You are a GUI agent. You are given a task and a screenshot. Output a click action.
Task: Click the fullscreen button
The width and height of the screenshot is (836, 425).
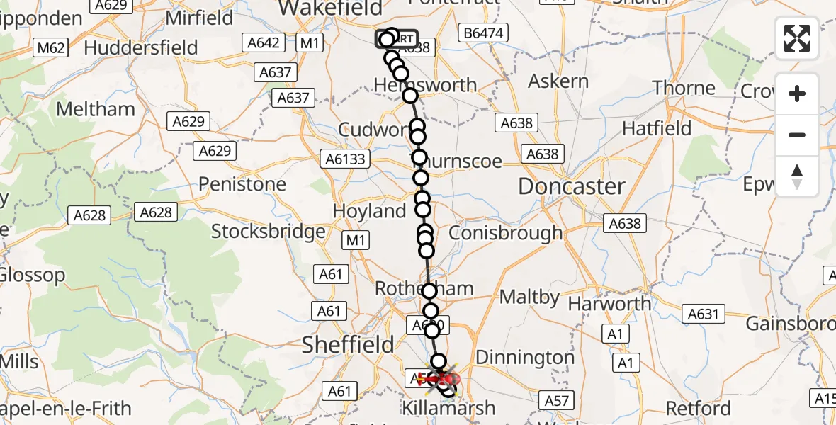coord(797,38)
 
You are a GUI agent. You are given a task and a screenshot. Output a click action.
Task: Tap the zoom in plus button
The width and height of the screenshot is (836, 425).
coord(797,93)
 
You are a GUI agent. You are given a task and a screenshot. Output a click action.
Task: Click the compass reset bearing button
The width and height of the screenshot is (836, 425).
coord(797,176)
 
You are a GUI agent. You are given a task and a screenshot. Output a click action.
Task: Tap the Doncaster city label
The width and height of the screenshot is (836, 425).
coord(572,186)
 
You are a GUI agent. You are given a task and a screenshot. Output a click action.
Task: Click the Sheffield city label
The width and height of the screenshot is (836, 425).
coord(348,345)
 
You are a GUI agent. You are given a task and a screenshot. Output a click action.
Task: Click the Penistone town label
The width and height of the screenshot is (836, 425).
coord(242,184)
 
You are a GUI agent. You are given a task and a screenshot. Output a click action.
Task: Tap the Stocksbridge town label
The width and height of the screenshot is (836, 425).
coord(269,231)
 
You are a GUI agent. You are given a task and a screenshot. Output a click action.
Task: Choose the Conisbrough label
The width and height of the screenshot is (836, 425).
coord(505,232)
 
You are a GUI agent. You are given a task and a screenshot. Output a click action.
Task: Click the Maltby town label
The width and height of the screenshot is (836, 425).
coord(529,297)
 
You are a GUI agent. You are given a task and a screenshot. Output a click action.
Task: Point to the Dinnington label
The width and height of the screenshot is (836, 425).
coord(525,357)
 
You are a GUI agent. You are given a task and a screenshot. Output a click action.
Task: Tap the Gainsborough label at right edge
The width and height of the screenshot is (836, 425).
coord(790,324)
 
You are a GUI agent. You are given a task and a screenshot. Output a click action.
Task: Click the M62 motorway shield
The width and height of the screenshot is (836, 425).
coord(51,47)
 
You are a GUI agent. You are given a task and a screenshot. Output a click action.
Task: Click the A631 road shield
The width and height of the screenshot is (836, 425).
coord(704,314)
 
